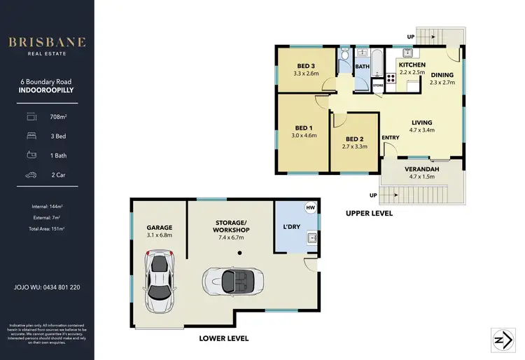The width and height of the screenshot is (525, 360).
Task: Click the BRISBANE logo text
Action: [47, 42]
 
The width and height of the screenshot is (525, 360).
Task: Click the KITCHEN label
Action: [412, 64]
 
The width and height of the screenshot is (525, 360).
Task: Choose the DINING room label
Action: [442, 75]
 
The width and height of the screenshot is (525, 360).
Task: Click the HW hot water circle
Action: [310, 208]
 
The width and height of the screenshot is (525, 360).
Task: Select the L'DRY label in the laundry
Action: [290, 228]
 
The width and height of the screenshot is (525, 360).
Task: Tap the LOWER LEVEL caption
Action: [223, 338]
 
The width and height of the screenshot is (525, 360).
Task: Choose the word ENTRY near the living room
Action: [390, 138]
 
